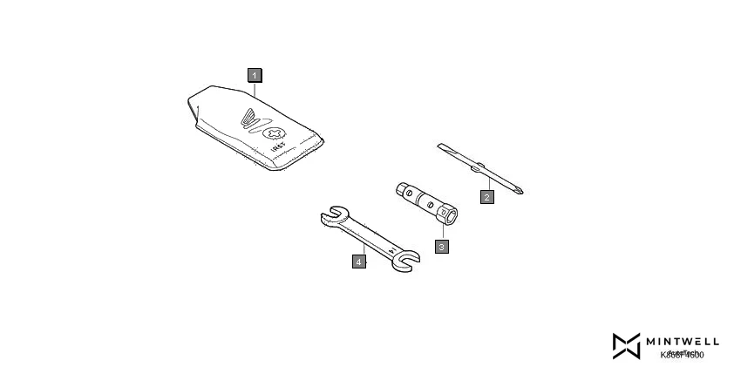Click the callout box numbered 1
coord(254,75)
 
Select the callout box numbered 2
coord(487,197)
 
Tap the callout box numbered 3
coord(442,246)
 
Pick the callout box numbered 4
coord(358,260)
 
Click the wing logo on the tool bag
coord(249,118)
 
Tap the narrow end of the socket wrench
coord(400,188)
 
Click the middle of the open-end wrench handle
coord(367,238)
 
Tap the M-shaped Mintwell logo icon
coord(626,345)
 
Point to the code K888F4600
coord(682,355)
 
